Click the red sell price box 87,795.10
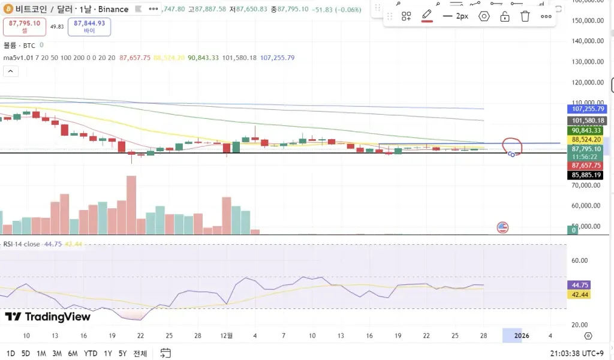tap(25, 26)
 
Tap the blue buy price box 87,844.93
tap(90, 26)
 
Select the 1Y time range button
tap(108, 353)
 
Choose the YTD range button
tap(91, 353)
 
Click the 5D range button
tap(26, 353)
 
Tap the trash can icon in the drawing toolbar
tap(525, 16)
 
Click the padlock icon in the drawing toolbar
tap(505, 16)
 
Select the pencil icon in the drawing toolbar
tap(427, 16)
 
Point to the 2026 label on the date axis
tap(522, 335)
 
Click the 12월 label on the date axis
tap(227, 335)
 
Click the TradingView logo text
tap(48, 317)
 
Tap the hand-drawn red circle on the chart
tap(512, 146)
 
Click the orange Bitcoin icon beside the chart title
tap(7, 9)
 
